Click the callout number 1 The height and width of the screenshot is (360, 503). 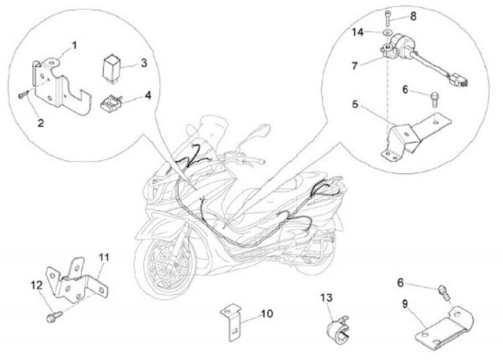74,45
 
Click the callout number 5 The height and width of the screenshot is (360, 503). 355,104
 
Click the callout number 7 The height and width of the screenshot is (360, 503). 354,66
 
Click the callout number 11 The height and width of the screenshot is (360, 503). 103,257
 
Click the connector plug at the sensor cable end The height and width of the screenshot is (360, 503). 460,80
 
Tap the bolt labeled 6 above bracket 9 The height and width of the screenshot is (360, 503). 444,291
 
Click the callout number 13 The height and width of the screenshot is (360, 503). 326,297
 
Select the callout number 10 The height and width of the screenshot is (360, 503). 267,313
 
